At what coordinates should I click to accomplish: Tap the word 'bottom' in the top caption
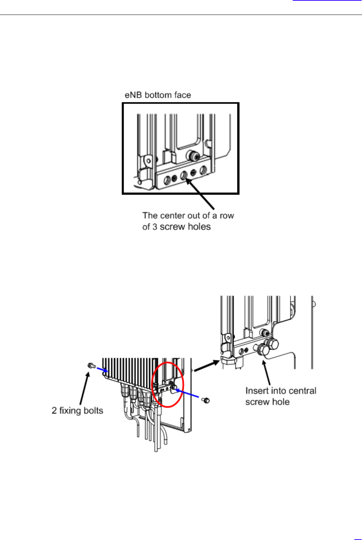(x=158, y=95)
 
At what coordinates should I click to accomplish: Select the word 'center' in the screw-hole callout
(x=171, y=216)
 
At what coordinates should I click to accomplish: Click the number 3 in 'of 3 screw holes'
(x=155, y=227)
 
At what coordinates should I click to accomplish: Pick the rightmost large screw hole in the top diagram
(x=203, y=170)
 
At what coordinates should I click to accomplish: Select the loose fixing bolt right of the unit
(x=206, y=400)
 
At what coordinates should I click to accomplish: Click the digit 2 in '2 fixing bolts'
(x=54, y=411)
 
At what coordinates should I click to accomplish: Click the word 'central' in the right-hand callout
(x=302, y=391)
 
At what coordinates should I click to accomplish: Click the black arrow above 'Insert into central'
(x=266, y=372)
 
